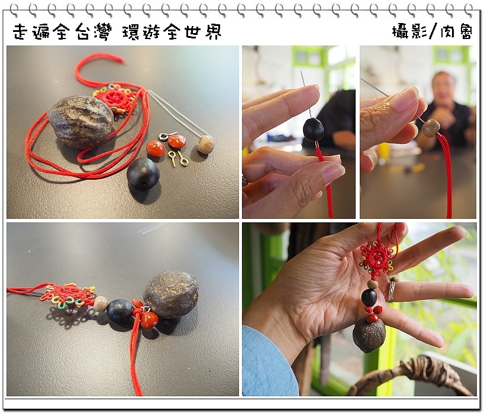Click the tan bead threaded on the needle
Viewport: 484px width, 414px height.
[431, 127]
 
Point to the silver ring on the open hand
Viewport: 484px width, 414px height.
[391, 292]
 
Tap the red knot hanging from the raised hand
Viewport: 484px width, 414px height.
[376, 260]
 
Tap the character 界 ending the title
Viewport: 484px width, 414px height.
[212, 32]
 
